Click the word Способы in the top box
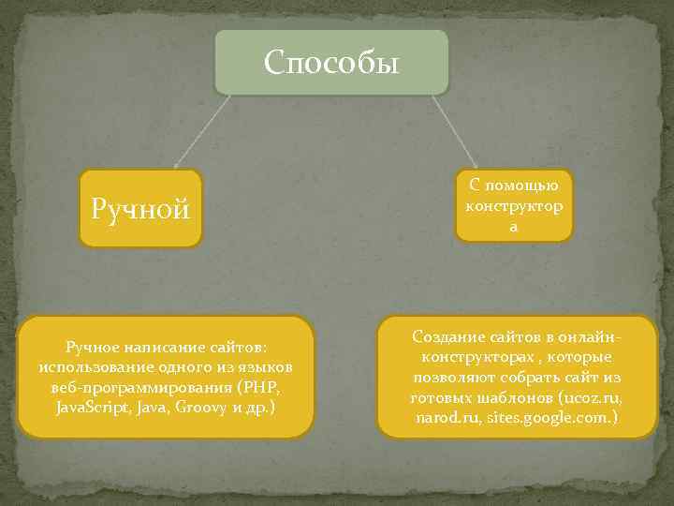331,63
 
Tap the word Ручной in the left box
139,208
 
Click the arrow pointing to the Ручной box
201,130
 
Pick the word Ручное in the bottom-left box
91,346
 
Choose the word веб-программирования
139,387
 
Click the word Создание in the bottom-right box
444,336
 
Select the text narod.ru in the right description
447,417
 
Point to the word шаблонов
510,397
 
